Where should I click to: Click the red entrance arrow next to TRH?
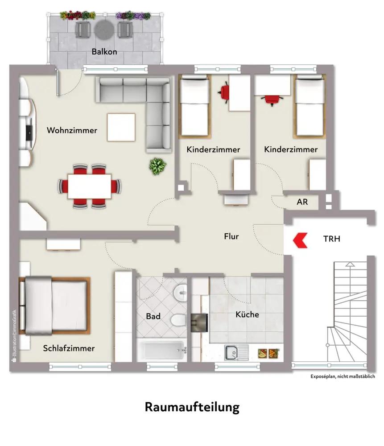(299, 239)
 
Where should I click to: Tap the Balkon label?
(104, 52)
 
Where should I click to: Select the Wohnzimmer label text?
(72, 131)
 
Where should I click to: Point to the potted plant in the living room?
(157, 166)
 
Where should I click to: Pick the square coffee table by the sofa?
(121, 128)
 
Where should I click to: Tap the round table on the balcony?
(104, 30)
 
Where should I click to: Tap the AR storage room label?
(302, 202)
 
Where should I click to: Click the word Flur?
(231, 236)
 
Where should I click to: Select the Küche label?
(247, 314)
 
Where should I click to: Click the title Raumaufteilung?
(192, 407)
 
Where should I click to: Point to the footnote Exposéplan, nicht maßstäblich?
(343, 376)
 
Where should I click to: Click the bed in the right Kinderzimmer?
(310, 107)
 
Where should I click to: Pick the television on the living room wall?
(29, 131)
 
